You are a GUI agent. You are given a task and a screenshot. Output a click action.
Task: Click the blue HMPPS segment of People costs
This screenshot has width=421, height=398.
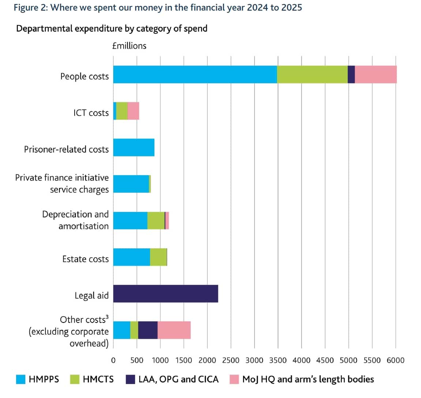coord(195,74)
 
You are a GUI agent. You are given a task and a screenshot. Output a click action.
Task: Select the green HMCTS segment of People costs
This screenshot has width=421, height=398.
coord(312,74)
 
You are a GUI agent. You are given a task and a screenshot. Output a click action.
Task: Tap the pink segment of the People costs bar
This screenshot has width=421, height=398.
coord(376,74)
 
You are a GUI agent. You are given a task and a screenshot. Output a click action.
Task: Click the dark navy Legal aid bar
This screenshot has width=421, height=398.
coord(165,294)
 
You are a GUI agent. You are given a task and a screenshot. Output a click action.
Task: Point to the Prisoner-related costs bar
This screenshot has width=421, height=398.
coord(134,147)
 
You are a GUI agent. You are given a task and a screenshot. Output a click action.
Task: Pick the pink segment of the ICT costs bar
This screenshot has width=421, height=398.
coord(133,111)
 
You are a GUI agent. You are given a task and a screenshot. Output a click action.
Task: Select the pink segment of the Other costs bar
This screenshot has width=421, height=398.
coord(174,330)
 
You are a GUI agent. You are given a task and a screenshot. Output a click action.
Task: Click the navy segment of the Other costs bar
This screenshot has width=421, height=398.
coord(148,330)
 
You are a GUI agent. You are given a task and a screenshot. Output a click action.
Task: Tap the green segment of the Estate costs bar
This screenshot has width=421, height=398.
coord(158,257)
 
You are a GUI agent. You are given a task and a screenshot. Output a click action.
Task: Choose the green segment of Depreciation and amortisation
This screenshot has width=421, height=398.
coord(156,221)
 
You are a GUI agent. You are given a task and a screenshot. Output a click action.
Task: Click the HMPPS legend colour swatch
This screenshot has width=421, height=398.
coord(21,379)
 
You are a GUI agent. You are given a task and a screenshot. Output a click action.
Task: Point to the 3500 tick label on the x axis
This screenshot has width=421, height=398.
coord(278,360)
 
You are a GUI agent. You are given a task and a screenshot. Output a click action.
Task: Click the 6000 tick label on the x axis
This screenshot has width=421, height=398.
coord(395,360)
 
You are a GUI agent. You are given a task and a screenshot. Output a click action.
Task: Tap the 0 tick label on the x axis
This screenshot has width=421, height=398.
coord(113,360)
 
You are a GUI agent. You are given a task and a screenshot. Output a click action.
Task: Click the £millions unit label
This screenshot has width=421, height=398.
coord(129,46)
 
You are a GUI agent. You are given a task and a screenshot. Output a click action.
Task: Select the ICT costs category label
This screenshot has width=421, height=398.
coord(91,113)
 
